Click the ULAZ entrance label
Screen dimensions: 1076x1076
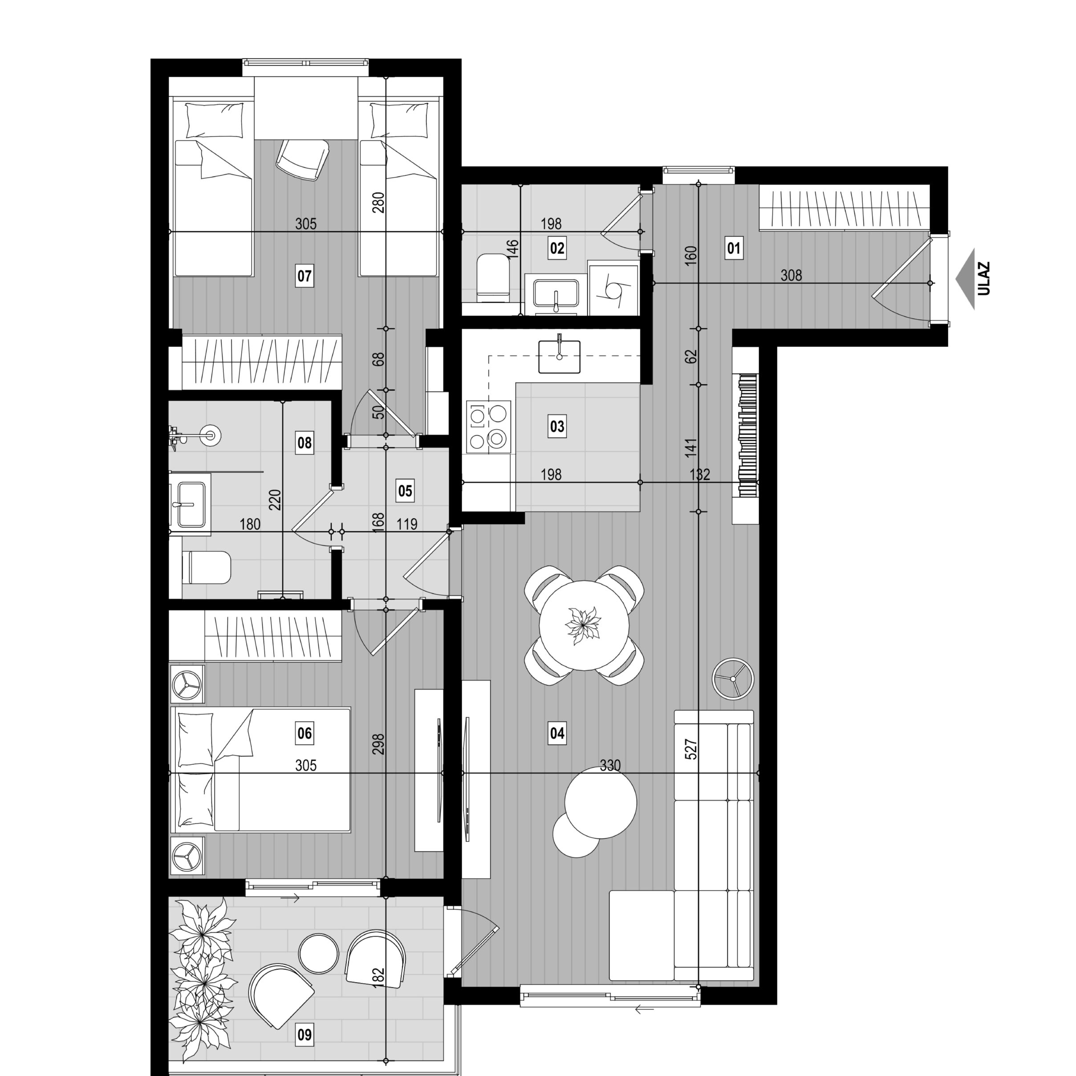tap(983, 279)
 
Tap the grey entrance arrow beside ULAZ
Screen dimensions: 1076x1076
tap(965, 279)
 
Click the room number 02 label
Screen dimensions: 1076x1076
tap(557, 248)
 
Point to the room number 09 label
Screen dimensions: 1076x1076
tap(304, 1035)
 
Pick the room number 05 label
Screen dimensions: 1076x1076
tap(405, 491)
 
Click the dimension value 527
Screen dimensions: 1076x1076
tap(690, 749)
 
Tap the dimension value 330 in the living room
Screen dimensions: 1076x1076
tap(610, 766)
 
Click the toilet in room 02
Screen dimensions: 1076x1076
tap(493, 277)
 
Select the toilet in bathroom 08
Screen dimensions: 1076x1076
tap(207, 568)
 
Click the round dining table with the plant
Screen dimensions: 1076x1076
tap(584, 625)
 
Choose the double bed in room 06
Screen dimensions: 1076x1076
tap(262, 770)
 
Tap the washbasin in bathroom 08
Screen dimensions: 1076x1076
tap(191, 504)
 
